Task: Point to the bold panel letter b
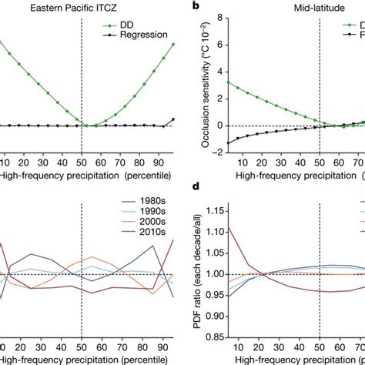[x=196, y=7]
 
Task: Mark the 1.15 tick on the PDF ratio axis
[x=222, y=210]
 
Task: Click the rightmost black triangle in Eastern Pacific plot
[x=173, y=120]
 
